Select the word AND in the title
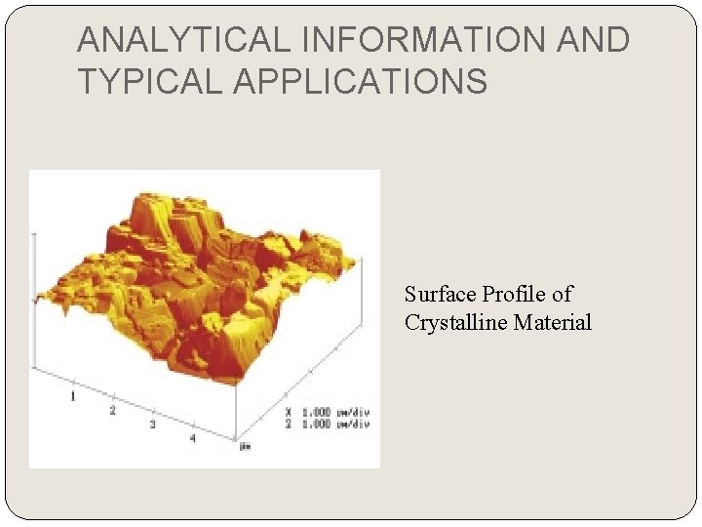(x=593, y=40)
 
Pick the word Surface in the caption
(x=439, y=294)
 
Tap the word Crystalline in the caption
(x=451, y=322)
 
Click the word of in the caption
(x=562, y=294)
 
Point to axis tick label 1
(x=72, y=396)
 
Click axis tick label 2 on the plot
(x=112, y=411)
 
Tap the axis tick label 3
(x=152, y=425)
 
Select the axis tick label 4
(x=192, y=438)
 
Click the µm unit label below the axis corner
(x=245, y=447)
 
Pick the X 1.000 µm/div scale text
(x=327, y=412)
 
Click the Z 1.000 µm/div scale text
(x=327, y=424)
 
